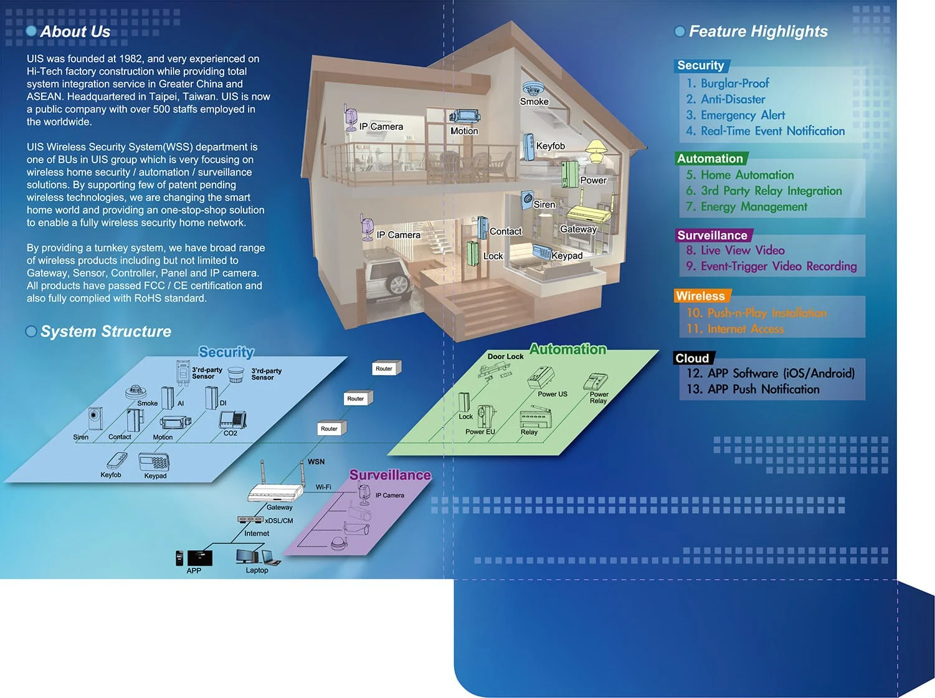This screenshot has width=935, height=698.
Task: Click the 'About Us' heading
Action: click(75, 32)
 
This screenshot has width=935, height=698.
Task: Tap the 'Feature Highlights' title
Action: click(758, 32)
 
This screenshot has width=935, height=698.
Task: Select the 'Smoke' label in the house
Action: click(534, 102)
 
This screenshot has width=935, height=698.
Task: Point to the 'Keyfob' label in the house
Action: click(551, 146)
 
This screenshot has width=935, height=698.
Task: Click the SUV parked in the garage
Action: click(386, 274)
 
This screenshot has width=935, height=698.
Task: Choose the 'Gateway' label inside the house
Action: click(578, 229)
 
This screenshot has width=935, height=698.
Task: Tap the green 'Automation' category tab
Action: click(710, 158)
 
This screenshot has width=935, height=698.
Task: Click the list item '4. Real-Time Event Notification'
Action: click(766, 131)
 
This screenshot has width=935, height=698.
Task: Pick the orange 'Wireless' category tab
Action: click(701, 296)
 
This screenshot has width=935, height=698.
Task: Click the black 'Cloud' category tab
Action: click(693, 358)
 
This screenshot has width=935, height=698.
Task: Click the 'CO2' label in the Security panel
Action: click(230, 433)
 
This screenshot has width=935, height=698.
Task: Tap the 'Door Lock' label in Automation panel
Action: click(505, 356)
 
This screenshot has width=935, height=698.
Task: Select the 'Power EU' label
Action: click(480, 432)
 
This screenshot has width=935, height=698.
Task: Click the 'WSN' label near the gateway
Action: click(316, 462)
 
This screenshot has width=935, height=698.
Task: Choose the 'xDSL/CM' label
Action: click(279, 521)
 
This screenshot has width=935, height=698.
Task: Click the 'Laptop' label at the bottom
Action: click(257, 570)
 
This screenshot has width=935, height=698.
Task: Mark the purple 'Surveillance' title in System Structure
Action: click(390, 475)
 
